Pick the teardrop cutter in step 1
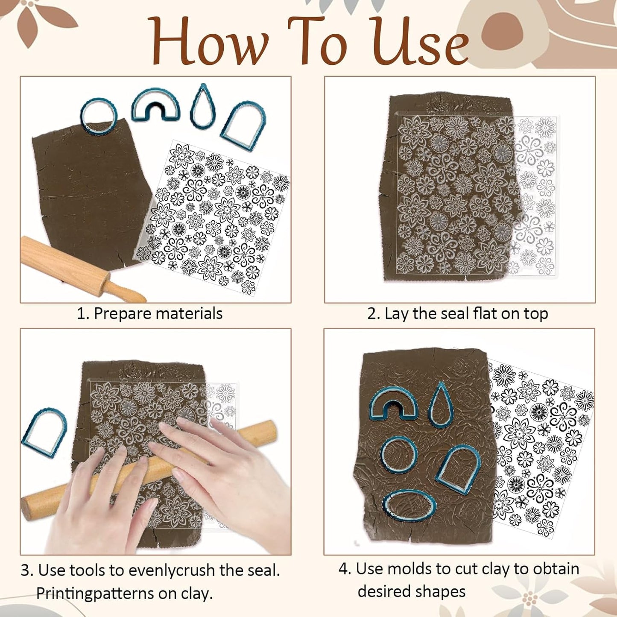[203, 107]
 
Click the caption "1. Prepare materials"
[149, 314]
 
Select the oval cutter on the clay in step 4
[409, 506]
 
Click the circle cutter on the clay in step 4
[399, 455]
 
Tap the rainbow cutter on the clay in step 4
[393, 404]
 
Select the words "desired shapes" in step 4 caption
[412, 592]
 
